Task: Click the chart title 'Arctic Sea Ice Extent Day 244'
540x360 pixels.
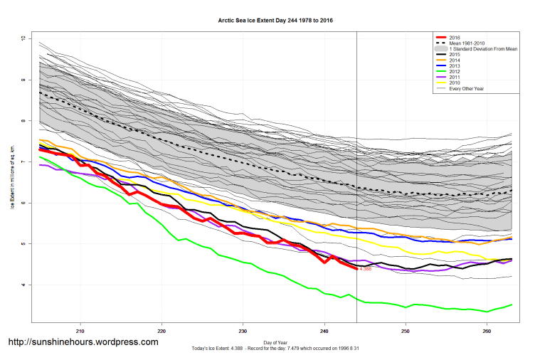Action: click(x=275, y=21)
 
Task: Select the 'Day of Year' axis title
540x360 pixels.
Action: click(x=275, y=342)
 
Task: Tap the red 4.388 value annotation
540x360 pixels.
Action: click(x=366, y=269)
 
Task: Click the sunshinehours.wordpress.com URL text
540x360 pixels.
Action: click(x=83, y=342)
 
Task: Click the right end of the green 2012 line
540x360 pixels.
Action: click(x=512, y=305)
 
